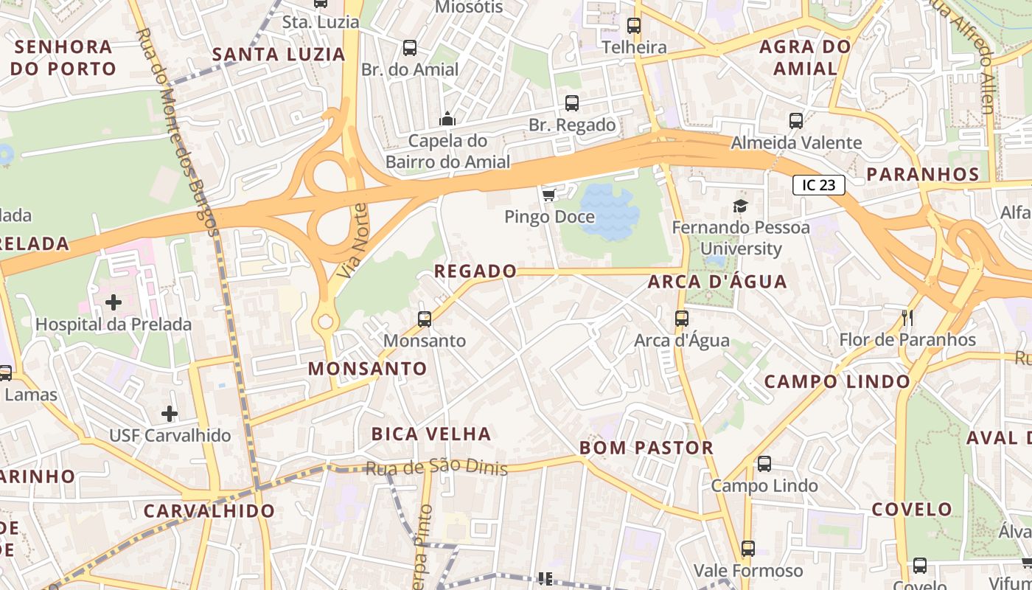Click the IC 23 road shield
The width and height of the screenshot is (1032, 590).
click(818, 185)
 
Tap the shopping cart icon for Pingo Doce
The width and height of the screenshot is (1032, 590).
click(548, 195)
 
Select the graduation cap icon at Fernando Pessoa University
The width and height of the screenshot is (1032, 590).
click(740, 206)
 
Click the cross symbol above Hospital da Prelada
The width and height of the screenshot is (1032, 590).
click(114, 302)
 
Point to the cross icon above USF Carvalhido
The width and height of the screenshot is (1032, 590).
click(170, 413)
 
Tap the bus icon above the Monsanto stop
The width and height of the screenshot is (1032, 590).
click(425, 319)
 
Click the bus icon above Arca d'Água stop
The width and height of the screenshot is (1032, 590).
click(682, 319)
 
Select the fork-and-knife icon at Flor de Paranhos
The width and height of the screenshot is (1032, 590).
click(907, 318)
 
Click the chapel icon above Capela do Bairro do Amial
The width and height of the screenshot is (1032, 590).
click(447, 119)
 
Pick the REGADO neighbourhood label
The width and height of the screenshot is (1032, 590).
click(475, 271)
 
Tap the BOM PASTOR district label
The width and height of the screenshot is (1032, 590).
click(646, 448)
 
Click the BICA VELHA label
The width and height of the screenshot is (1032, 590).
click(431, 434)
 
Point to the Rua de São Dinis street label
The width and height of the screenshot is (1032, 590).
click(436, 468)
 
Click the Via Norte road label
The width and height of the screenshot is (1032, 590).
click(352, 240)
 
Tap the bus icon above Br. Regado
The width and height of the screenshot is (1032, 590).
click(572, 103)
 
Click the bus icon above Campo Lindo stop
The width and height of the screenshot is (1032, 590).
click(764, 464)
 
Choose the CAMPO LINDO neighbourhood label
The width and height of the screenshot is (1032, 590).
click(837, 381)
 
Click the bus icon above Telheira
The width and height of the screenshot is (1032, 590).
click(634, 26)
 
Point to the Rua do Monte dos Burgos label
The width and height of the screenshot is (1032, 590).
click(181, 133)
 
